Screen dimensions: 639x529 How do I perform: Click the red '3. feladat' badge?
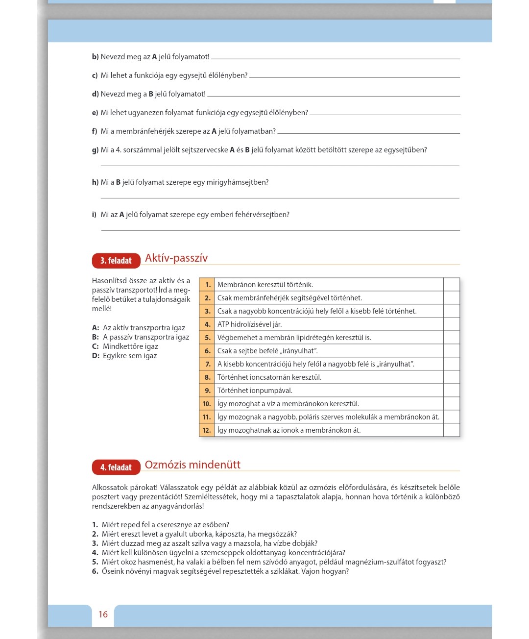(116, 261)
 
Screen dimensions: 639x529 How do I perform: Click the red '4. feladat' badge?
(116, 467)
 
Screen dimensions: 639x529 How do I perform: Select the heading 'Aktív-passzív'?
(176, 258)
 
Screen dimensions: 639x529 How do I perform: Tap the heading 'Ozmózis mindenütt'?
(192, 465)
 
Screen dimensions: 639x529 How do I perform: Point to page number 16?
(103, 614)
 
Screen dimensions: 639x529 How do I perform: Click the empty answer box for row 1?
(451, 285)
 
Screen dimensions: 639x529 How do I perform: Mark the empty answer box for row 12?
(451, 430)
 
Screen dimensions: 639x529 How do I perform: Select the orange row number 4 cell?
(207, 324)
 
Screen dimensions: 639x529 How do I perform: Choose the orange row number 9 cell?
(207, 391)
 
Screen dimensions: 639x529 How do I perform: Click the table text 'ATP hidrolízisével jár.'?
(249, 324)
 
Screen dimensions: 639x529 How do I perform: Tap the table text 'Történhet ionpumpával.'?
(255, 391)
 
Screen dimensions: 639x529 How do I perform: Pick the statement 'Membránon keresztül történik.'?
(265, 285)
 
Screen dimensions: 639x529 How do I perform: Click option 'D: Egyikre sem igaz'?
(124, 356)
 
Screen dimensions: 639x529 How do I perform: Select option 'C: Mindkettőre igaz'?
(125, 346)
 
